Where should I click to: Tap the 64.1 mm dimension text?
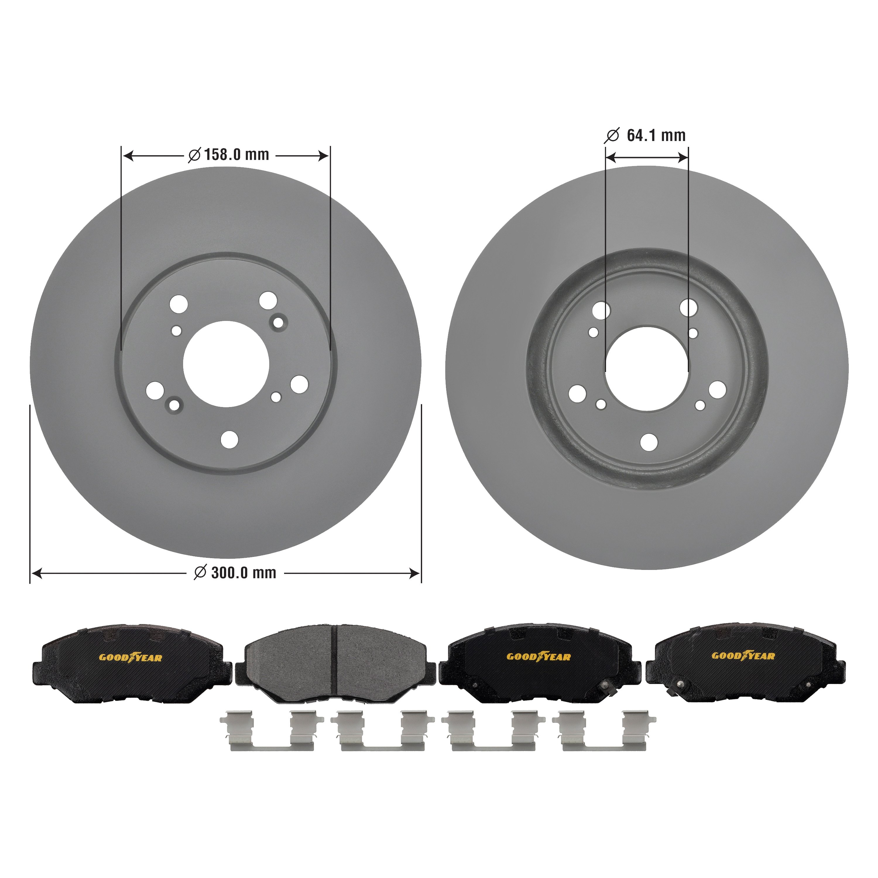pyautogui.click(x=656, y=136)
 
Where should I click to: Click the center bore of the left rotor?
pyautogui.click(x=226, y=364)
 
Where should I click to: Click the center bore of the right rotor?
pyautogui.click(x=647, y=368)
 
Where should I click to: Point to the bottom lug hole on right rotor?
pyautogui.click(x=649, y=443)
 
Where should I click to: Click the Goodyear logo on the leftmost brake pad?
pyautogui.click(x=131, y=658)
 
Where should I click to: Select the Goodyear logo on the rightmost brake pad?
pyautogui.click(x=743, y=656)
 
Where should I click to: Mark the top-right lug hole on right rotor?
pyautogui.click(x=688, y=308)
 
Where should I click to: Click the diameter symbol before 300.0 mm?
pyautogui.click(x=200, y=573)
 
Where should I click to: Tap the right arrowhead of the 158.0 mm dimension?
pyautogui.click(x=324, y=156)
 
